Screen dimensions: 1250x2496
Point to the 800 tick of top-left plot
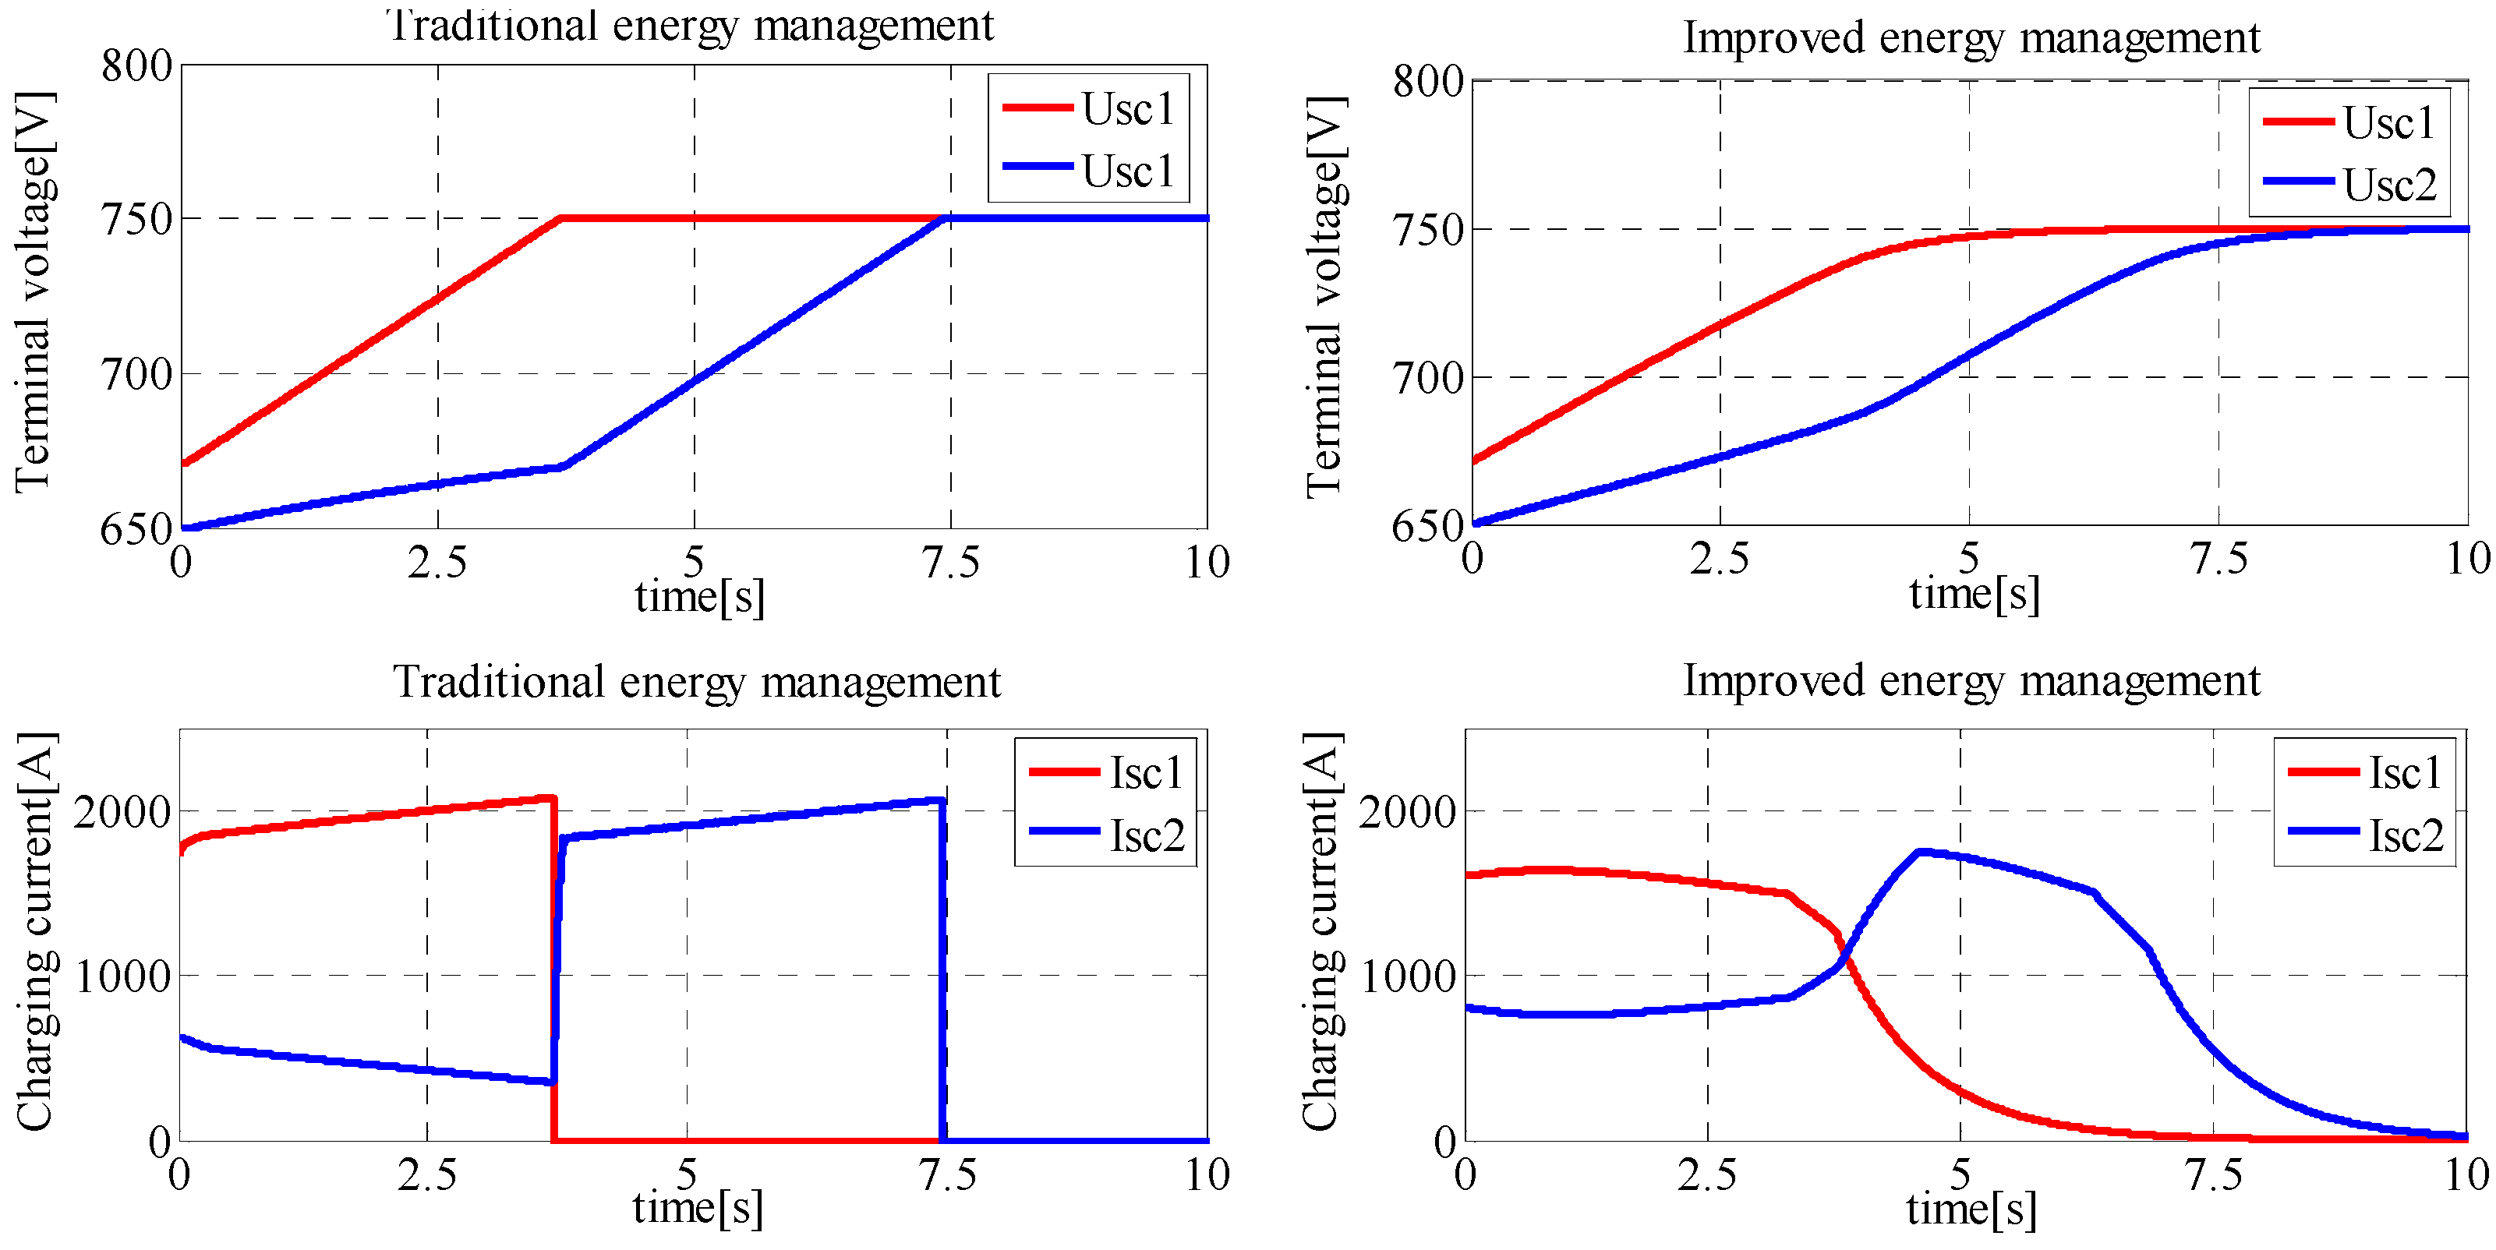pyautogui.click(x=136, y=66)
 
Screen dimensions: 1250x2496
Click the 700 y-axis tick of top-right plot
pyautogui.click(x=1427, y=378)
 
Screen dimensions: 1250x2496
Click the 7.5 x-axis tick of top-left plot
pyautogui.click(x=949, y=562)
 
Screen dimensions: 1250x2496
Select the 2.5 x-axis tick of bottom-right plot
pyautogui.click(x=1707, y=1174)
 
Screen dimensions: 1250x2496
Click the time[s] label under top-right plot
pyautogui.click(x=1975, y=593)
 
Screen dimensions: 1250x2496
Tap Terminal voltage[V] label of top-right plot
pyautogui.click(x=1324, y=295)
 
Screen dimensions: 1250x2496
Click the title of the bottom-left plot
pyautogui.click(x=695, y=681)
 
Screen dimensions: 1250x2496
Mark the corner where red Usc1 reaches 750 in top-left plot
pyautogui.click(x=561, y=219)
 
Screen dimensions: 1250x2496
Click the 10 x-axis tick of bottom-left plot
pyautogui.click(x=1207, y=1174)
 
